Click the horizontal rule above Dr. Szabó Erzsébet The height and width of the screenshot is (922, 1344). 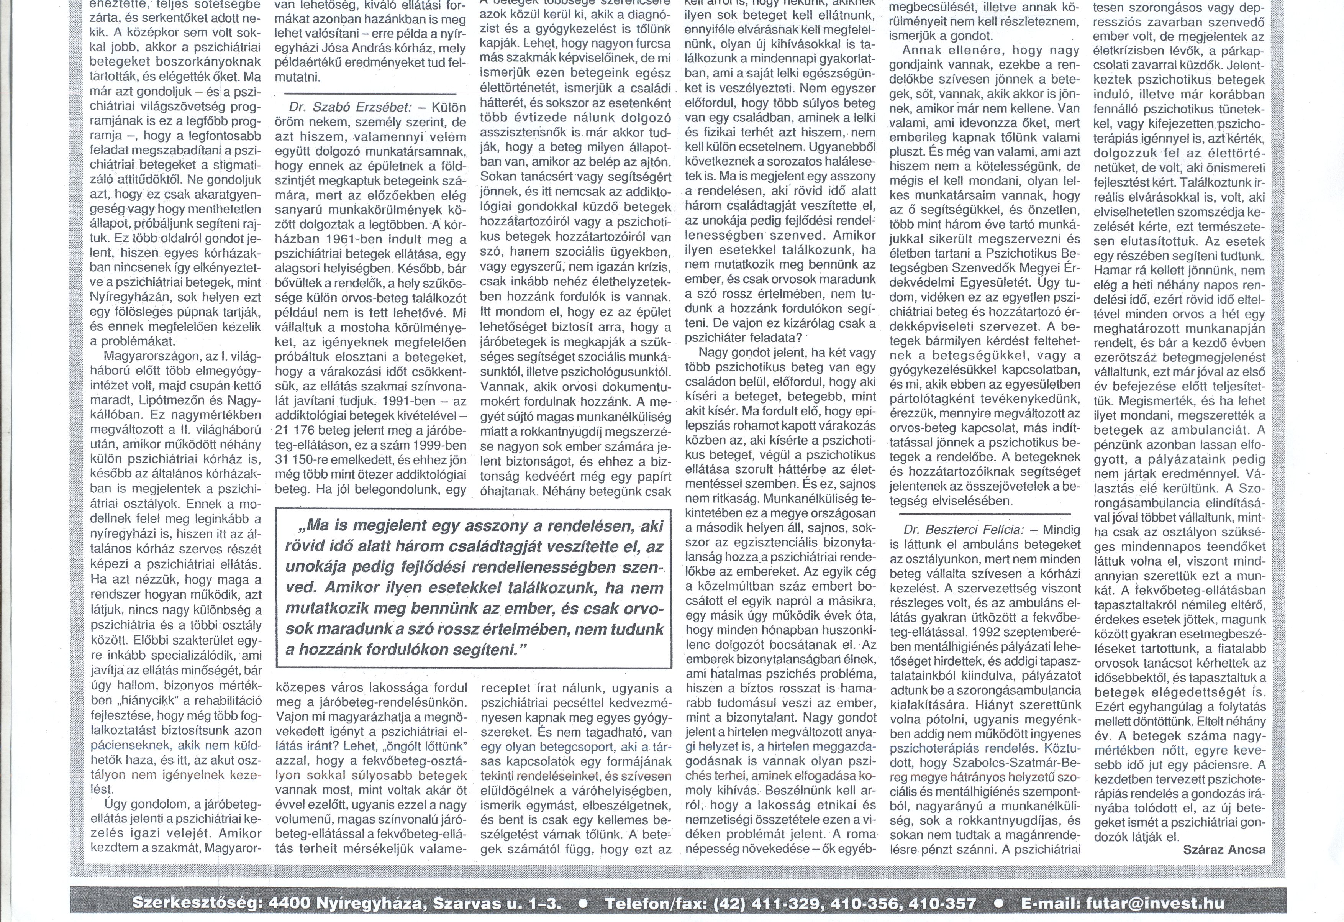tap(370, 93)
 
